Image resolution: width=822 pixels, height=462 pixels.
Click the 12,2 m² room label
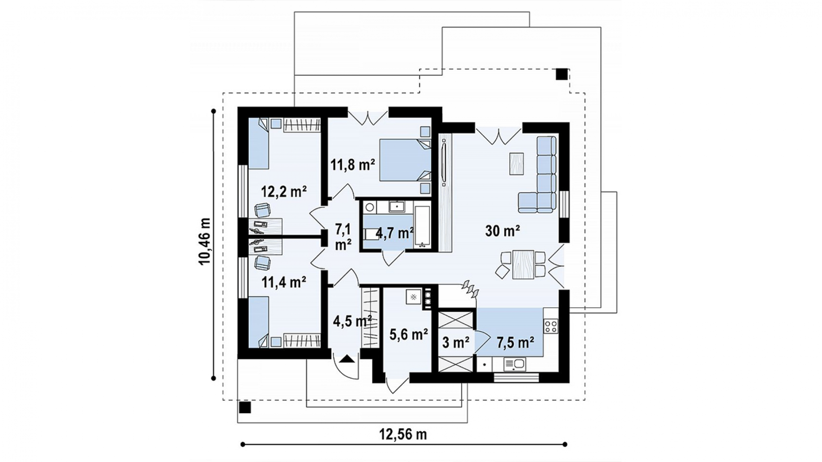click(284, 192)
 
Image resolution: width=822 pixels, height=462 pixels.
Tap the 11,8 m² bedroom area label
click(353, 164)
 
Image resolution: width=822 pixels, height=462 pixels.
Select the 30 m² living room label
click(503, 231)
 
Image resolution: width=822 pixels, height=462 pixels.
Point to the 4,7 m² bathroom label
click(394, 234)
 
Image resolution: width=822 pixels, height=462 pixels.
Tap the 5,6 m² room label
click(409, 334)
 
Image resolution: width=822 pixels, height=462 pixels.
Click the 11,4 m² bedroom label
click(283, 282)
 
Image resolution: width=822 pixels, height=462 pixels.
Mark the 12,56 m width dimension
click(403, 435)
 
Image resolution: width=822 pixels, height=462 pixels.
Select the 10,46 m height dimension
click(205, 242)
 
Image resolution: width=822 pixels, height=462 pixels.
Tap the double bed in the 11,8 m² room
click(405, 165)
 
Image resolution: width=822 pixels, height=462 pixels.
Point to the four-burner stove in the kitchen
click(551, 326)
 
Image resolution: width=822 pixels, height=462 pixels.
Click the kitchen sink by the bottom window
click(515, 364)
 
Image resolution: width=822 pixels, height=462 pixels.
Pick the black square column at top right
click(562, 74)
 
